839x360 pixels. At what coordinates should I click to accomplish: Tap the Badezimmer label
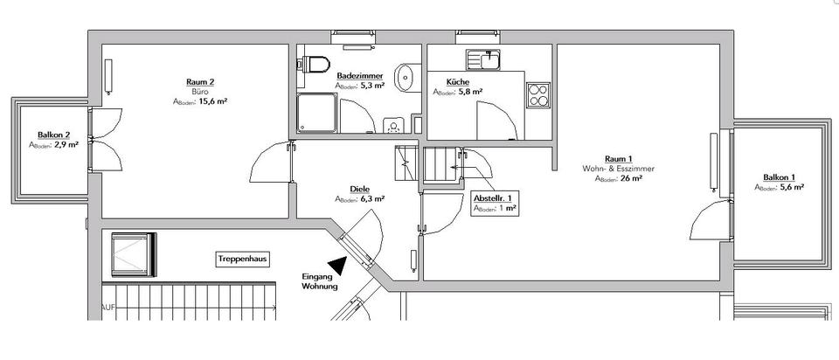pos(360,76)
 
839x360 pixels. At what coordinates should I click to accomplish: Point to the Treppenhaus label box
pos(242,260)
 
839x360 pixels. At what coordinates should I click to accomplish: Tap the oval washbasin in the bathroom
pos(405,78)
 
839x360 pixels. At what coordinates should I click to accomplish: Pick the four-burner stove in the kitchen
pos(538,93)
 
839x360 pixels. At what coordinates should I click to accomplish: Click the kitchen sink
pos(482,59)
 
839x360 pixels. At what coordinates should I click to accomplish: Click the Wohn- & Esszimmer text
pos(618,168)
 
